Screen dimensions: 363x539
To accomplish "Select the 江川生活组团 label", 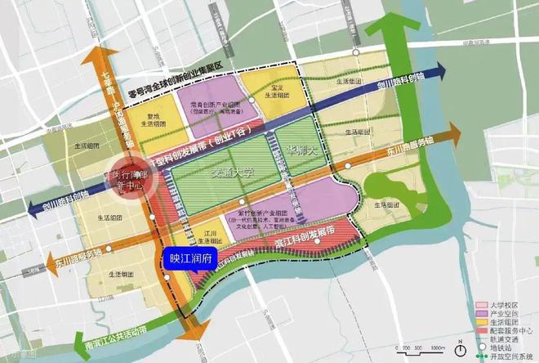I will tap(212, 236).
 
